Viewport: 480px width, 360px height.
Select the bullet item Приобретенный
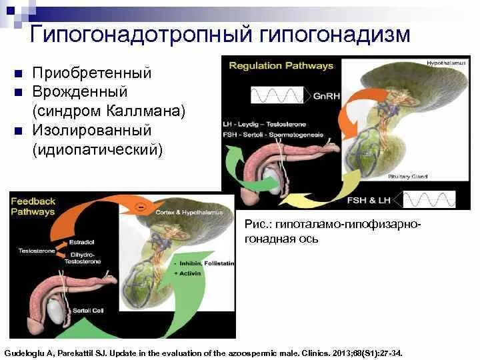click(92, 73)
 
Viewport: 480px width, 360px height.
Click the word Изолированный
click(92, 130)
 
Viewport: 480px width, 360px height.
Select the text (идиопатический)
click(97, 149)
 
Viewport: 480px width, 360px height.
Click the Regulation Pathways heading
click(281, 66)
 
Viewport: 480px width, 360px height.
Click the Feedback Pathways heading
click(33, 207)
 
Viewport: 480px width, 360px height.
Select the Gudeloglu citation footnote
click(203, 351)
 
